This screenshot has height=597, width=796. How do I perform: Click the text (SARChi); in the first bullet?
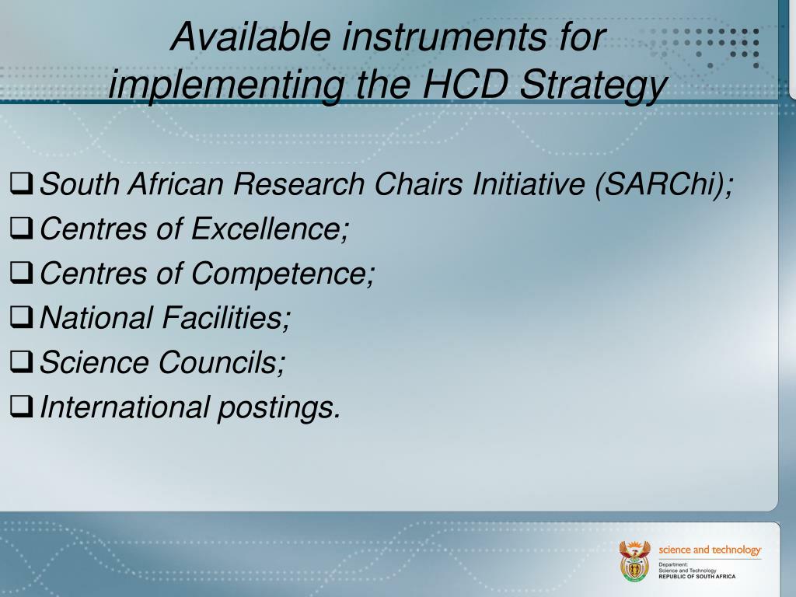click(664, 185)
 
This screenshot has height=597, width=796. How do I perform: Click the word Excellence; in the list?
click(271, 229)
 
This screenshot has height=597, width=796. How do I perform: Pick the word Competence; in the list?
click(283, 274)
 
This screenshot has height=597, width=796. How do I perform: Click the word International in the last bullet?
click(124, 407)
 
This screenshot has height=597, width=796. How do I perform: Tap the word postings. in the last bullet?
click(279, 407)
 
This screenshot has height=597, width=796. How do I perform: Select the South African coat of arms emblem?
click(634, 560)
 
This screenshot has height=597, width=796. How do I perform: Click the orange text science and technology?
click(710, 550)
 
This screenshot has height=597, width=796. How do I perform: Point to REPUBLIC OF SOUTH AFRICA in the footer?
click(696, 577)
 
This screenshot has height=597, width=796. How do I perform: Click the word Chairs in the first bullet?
click(413, 185)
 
